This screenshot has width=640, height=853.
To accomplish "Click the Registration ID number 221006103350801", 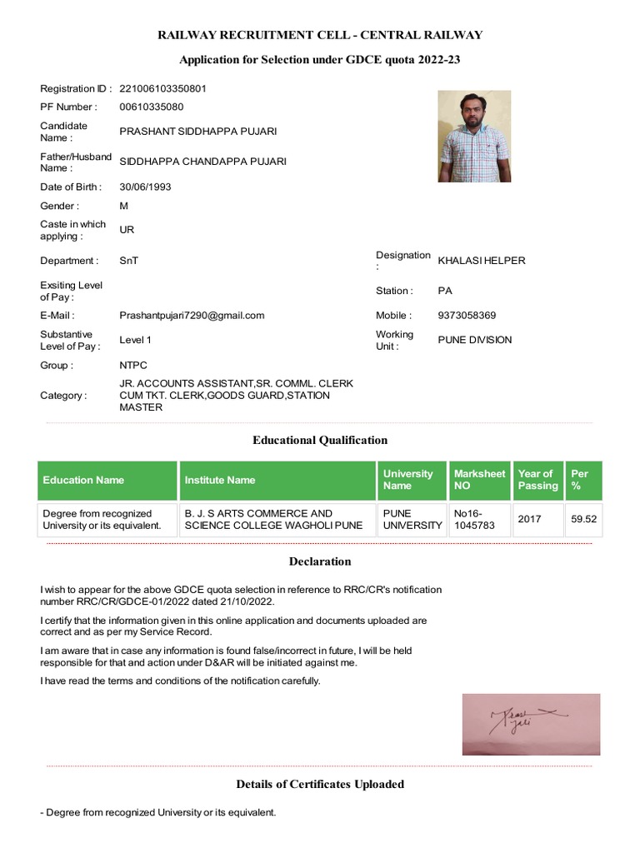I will pos(163,88).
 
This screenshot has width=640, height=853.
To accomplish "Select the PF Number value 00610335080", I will pos(152,107).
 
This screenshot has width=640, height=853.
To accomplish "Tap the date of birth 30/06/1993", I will pos(146,187).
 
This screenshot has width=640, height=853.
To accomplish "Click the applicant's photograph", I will pos(474,137).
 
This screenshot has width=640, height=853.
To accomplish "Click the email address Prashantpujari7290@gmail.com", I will pos(192,315).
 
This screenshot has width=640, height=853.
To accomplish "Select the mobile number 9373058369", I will pos(467,316).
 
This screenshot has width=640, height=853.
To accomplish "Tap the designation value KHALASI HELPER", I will pos(482,261).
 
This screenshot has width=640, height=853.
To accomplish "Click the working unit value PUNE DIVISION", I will pos(475,340).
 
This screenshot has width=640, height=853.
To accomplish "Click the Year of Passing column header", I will pos(537,480).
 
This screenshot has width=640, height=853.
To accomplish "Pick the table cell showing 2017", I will pos(529,519).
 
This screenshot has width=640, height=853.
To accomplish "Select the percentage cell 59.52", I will pos(583,519).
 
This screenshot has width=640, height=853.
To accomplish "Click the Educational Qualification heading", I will pos(320,440).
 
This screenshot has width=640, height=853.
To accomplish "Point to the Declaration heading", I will pos(320,561).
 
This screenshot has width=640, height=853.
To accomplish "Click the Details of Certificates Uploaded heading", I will pos(320,784).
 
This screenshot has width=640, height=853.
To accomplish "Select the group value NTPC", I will pos(133,365).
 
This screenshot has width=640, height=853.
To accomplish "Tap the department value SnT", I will pos(129,261).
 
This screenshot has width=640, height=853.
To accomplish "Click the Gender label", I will pos(58,206).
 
